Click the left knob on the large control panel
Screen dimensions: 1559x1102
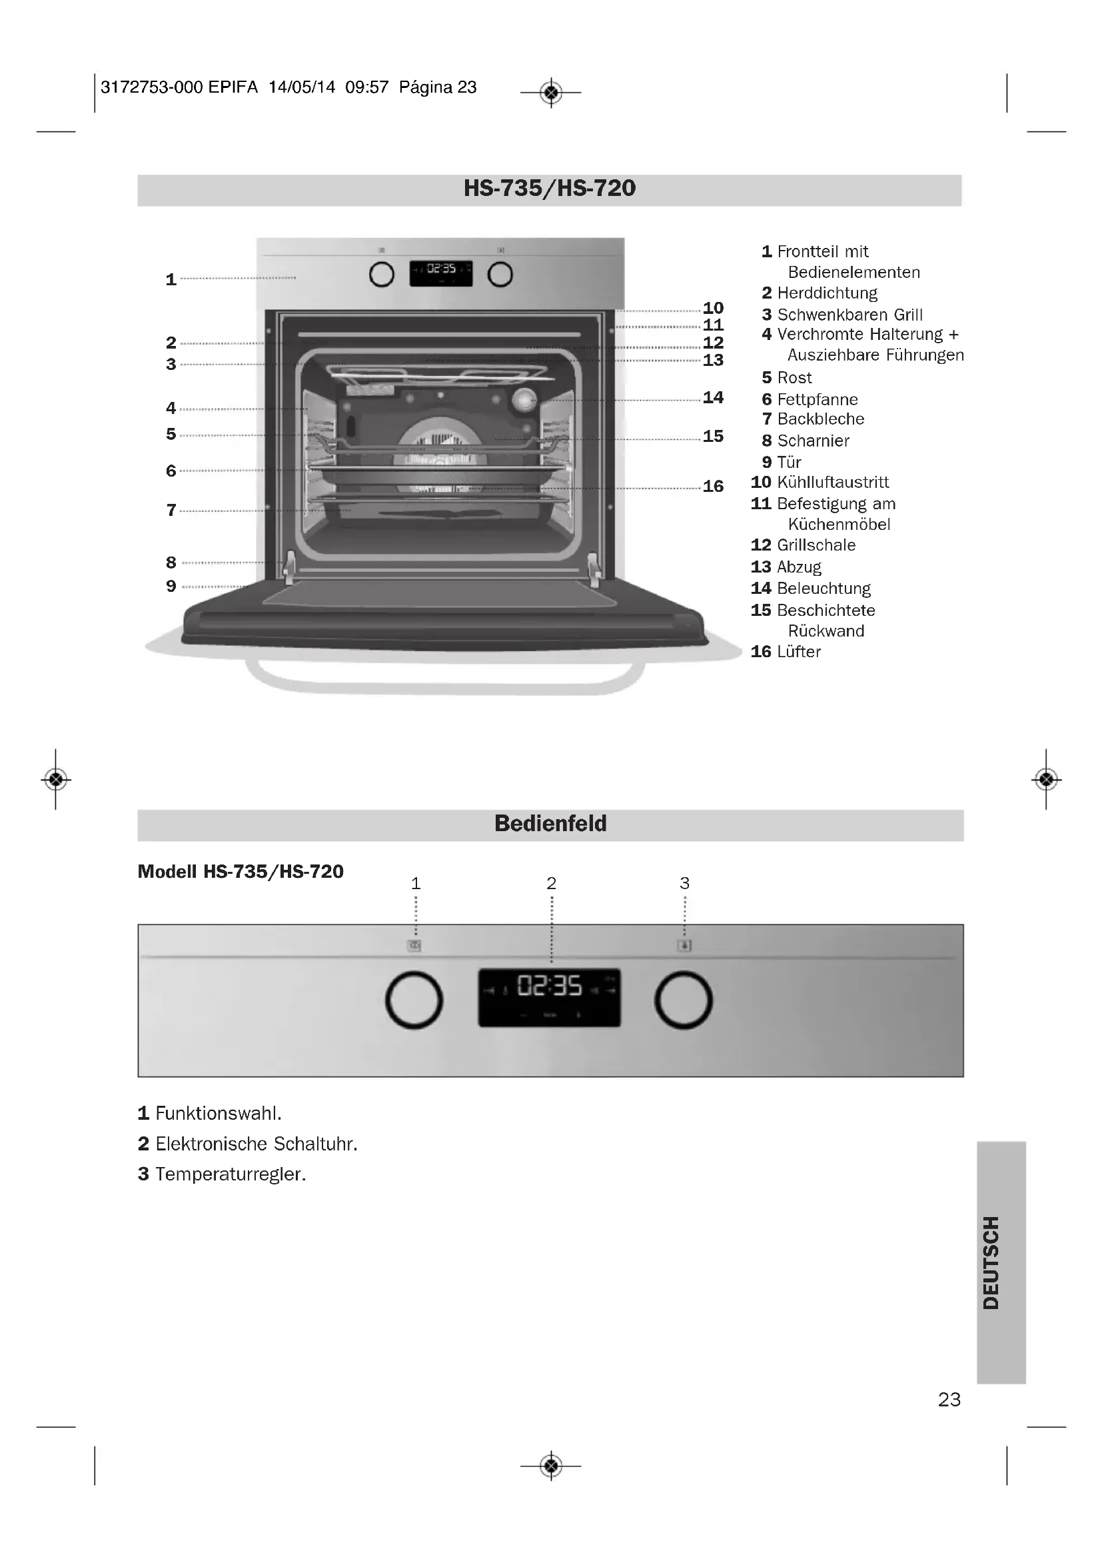pyautogui.click(x=414, y=1000)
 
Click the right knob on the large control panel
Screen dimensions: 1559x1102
pyautogui.click(x=683, y=1000)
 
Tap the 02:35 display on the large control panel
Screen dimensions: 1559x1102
pyautogui.click(x=550, y=986)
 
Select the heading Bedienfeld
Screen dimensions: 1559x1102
pyautogui.click(x=550, y=824)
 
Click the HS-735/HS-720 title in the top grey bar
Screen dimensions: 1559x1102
pyautogui.click(x=550, y=189)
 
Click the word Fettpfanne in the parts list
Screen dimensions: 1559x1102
pyautogui.click(x=817, y=399)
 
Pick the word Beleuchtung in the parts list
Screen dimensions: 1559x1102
pyautogui.click(x=823, y=589)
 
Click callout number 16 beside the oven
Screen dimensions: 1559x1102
pyautogui.click(x=713, y=486)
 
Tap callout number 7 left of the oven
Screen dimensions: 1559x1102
pyautogui.click(x=171, y=510)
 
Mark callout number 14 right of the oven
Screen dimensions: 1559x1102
pyautogui.click(x=713, y=397)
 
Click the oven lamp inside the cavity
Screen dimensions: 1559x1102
pyautogui.click(x=524, y=400)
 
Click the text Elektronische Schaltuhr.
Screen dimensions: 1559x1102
pyautogui.click(x=256, y=1144)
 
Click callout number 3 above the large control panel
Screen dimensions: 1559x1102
pyautogui.click(x=684, y=883)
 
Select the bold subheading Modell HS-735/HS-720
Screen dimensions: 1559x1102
pyautogui.click(x=241, y=872)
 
